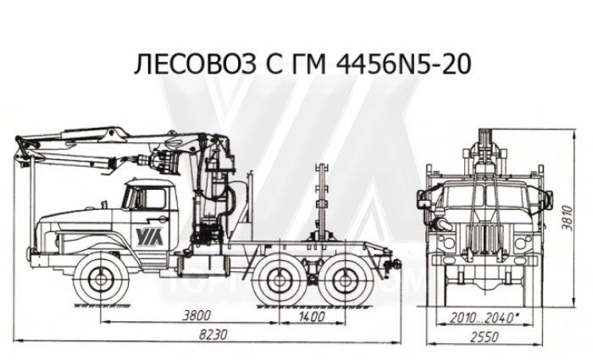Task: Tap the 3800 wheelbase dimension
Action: point(196,314)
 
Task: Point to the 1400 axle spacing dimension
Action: point(311,316)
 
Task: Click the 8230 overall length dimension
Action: point(213,335)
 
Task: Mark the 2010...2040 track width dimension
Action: point(483,317)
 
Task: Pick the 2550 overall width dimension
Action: point(485,335)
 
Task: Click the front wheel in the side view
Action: point(101,279)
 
